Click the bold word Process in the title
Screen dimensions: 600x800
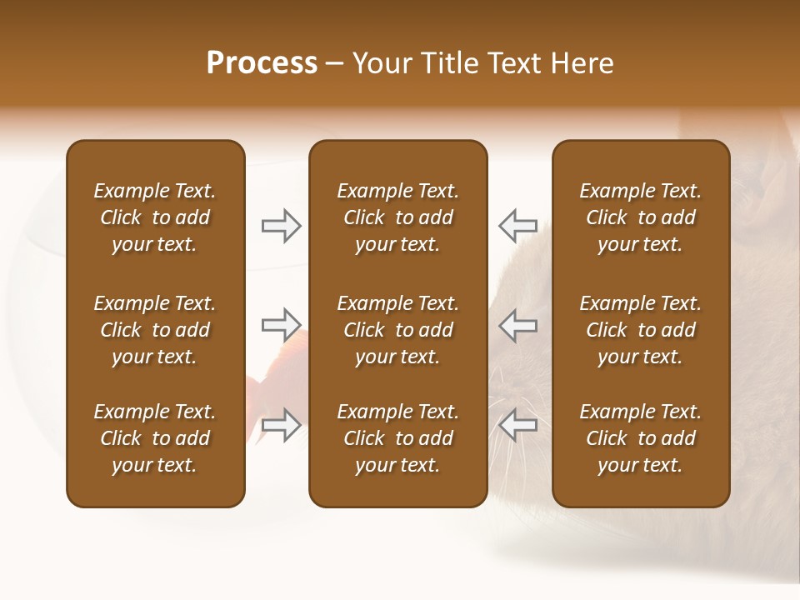point(262,63)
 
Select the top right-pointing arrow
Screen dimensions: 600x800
point(281,226)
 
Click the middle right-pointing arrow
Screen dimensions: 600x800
point(281,325)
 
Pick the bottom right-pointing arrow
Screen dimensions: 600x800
point(281,425)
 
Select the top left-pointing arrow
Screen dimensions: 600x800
point(517,226)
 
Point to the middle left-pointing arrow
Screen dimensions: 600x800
point(517,325)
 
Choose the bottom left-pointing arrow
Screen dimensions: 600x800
point(517,425)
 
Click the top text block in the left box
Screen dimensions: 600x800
point(155,217)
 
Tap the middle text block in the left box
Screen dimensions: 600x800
point(155,330)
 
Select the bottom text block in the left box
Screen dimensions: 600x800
point(155,438)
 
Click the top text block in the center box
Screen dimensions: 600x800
point(397,217)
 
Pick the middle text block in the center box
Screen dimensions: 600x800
point(397,330)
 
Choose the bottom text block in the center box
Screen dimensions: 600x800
point(397,438)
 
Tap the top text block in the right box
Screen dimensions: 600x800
point(640,217)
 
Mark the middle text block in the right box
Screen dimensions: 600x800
point(640,330)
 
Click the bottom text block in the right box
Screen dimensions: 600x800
point(640,438)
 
